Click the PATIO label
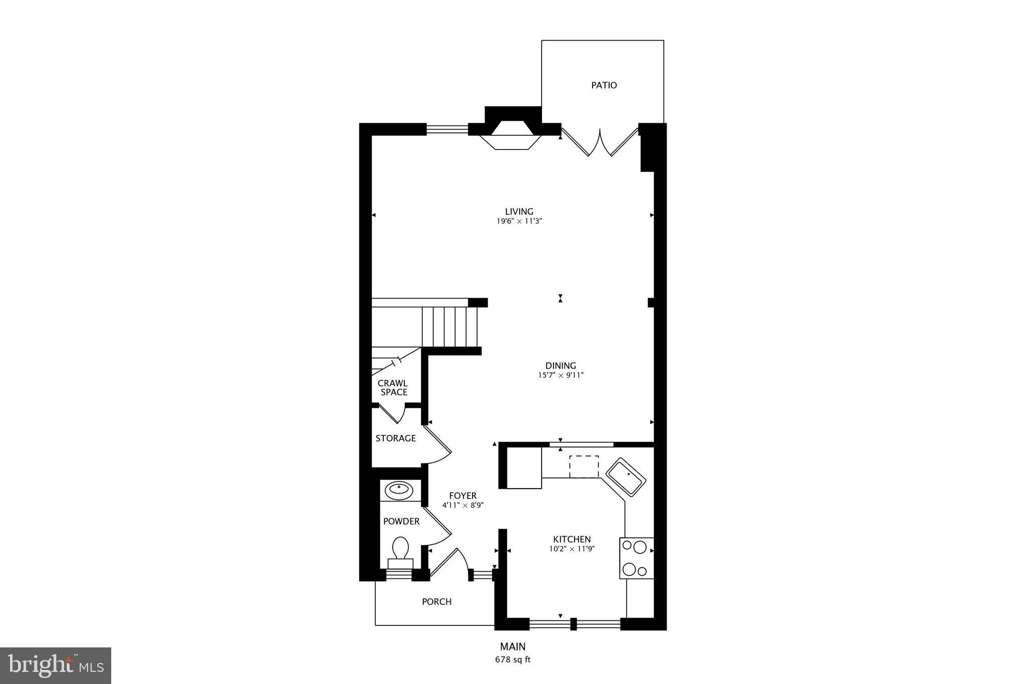604,85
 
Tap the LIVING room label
519,211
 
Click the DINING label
561,366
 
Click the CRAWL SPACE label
393,388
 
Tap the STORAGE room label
395,438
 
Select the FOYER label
462,496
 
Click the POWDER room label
401,522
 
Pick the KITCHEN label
572,540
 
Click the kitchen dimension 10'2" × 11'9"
572,549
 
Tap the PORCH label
436,602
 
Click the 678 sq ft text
512,660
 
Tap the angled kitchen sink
626,477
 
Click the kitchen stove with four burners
636,558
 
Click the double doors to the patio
600,142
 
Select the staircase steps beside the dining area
449,326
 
